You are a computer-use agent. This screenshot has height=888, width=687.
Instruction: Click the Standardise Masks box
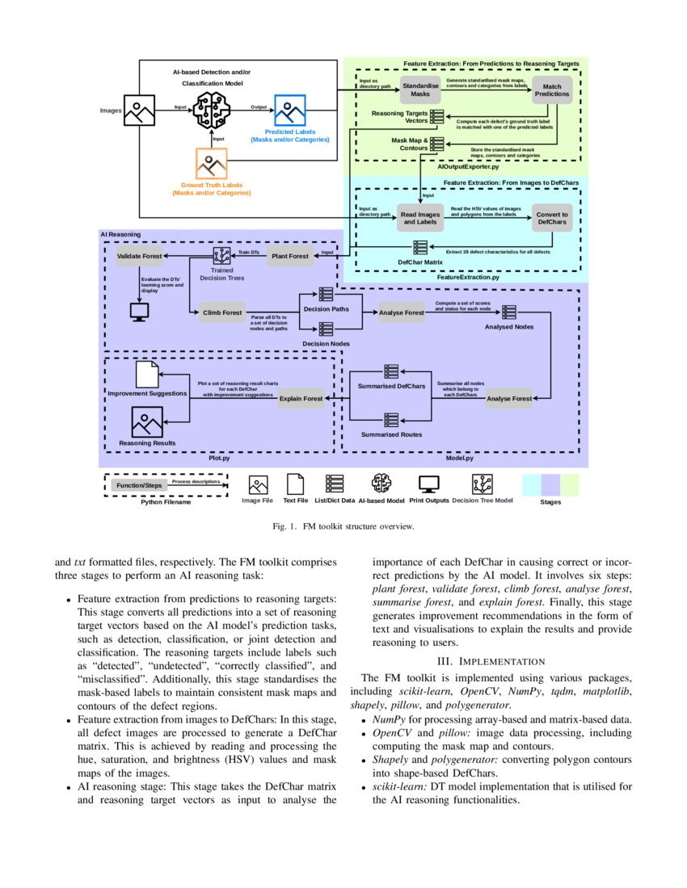419,89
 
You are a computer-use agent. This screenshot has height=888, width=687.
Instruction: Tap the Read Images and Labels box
419,217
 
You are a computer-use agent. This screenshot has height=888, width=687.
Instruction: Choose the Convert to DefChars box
552,218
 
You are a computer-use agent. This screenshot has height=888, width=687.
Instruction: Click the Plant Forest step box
289,256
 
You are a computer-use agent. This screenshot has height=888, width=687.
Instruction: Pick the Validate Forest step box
140,256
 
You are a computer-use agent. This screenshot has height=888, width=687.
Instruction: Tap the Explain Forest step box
301,398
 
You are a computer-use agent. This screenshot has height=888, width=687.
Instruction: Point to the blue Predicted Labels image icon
290,109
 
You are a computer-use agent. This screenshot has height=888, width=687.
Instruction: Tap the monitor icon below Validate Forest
140,311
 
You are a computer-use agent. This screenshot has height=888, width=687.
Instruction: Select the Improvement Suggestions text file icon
148,373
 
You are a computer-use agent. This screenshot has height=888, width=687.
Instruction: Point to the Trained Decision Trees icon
222,256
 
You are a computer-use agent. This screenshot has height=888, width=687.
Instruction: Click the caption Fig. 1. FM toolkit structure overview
343,526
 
